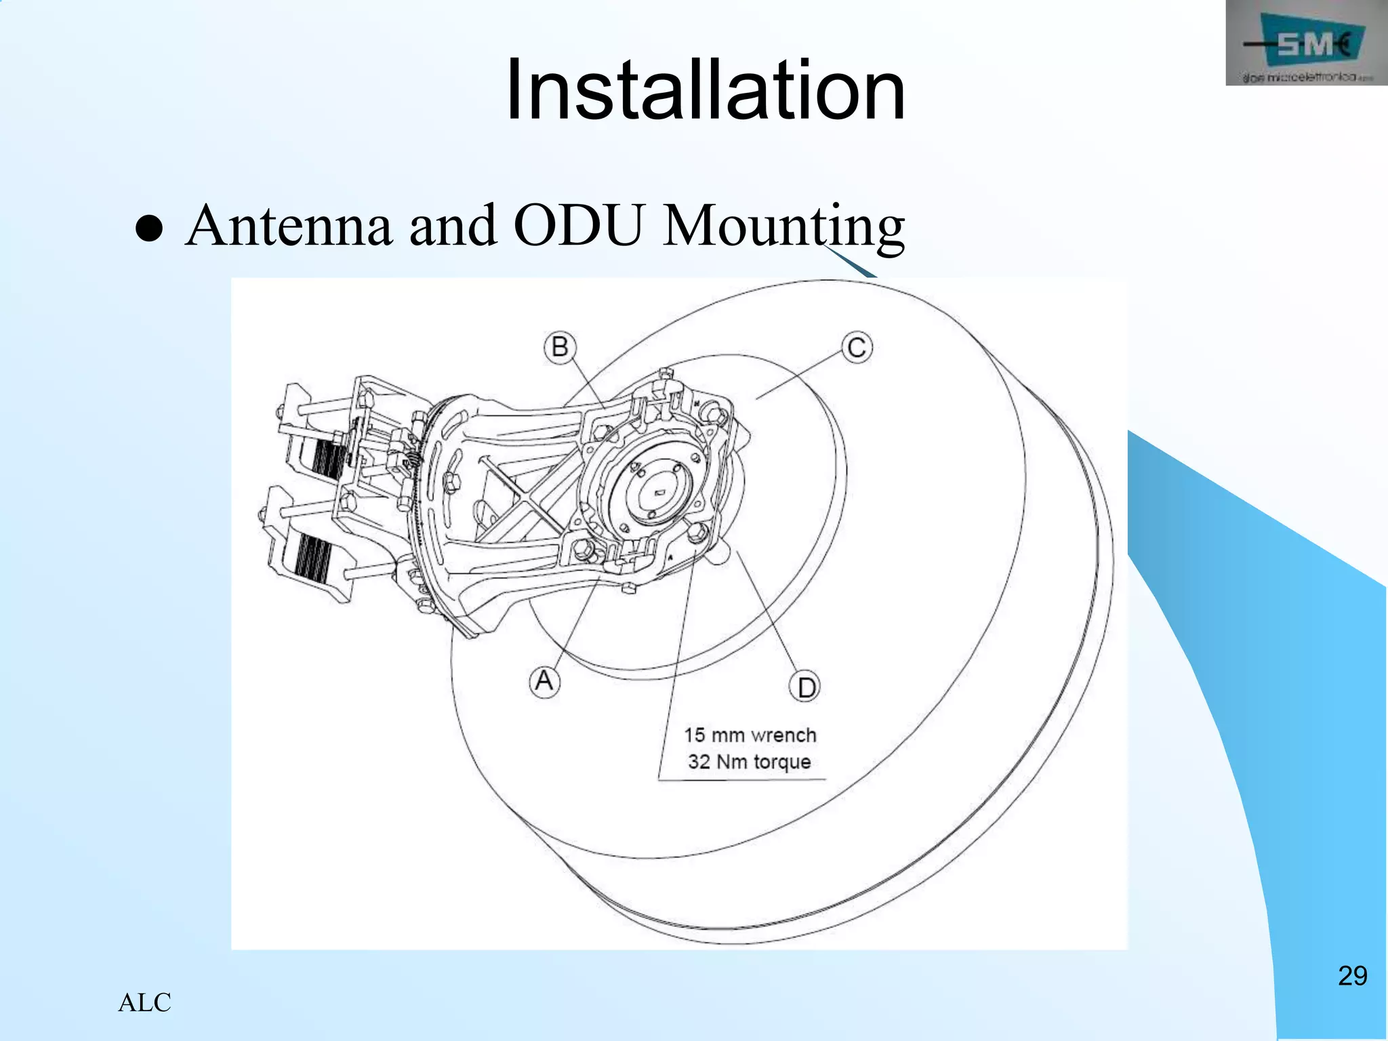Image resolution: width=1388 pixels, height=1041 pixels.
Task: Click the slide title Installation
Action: tap(705, 90)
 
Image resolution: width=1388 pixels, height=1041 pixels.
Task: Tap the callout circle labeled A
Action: tap(544, 680)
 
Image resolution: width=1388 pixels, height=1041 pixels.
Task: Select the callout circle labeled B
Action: tap(560, 347)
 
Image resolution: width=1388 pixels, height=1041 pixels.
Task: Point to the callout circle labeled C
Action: tap(857, 348)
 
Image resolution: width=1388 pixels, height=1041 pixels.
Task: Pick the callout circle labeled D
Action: tap(806, 688)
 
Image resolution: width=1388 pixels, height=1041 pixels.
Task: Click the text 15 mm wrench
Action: tap(750, 735)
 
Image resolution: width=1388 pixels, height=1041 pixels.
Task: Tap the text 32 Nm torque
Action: tap(750, 762)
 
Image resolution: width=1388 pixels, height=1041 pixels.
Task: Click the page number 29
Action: tap(1352, 976)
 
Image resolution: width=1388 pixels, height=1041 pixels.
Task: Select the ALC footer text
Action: tap(144, 1002)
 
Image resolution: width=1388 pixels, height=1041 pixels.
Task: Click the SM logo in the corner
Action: tap(1306, 43)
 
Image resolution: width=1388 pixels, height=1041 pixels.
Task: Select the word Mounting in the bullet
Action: tap(783, 227)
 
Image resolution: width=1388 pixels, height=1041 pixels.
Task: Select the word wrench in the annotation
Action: tap(784, 735)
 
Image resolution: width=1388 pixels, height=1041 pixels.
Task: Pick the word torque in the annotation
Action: tap(781, 762)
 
